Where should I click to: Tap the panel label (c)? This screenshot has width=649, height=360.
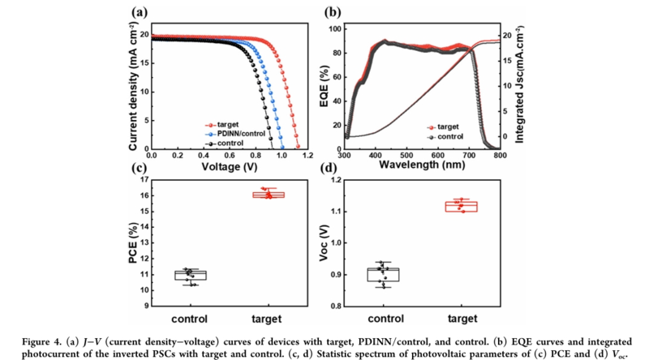(137, 169)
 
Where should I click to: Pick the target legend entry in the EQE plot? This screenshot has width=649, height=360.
(447, 127)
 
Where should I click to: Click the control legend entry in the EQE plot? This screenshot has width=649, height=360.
(449, 137)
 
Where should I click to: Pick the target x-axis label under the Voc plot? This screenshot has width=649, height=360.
(464, 319)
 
